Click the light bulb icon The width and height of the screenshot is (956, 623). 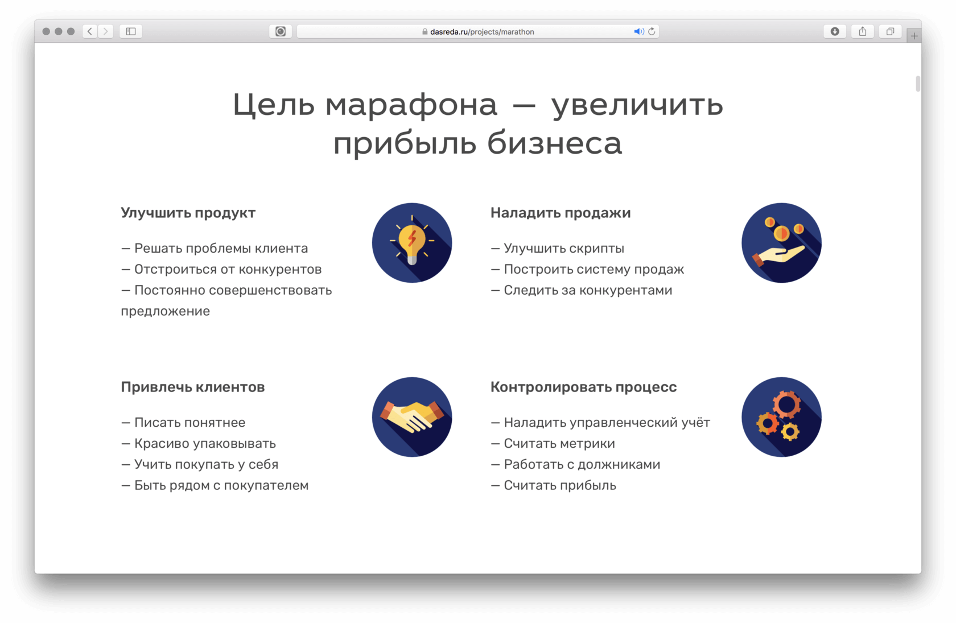coord(412,242)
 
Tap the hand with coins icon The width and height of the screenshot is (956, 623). coord(781,242)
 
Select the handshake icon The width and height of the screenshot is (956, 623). coord(412,417)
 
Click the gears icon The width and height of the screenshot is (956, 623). coord(781,417)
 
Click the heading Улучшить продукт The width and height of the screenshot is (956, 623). coord(188,213)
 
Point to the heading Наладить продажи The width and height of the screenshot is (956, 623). coord(561,213)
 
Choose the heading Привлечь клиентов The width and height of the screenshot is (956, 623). coord(193,387)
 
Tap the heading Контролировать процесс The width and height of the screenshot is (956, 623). coord(583,387)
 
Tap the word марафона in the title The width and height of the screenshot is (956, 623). coord(411,105)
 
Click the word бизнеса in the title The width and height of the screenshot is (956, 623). coord(554,143)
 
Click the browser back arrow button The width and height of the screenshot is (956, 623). coord(90,31)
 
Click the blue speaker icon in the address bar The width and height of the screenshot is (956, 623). coord(638,32)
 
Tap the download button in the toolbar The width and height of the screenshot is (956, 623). coord(835,31)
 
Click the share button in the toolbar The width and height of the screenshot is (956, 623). coord(863,31)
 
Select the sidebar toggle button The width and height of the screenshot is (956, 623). coord(131,31)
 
